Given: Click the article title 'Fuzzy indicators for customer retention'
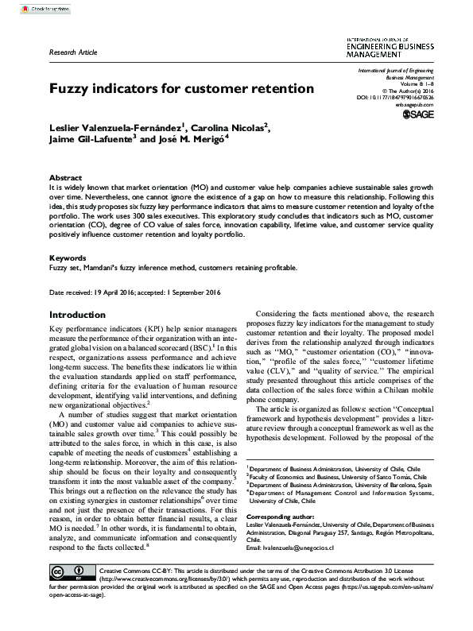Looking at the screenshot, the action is point(182,88).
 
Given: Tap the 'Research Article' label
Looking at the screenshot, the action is point(73,52).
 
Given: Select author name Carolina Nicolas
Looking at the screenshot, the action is point(231,126).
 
